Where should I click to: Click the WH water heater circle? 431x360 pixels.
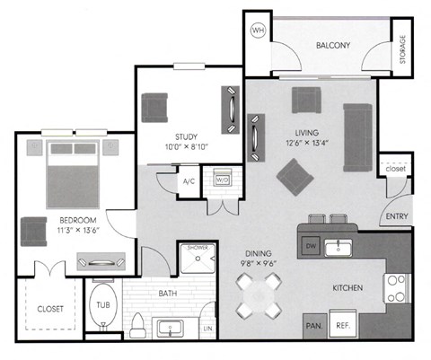click(x=259, y=31)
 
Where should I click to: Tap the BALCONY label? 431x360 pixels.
click(x=332, y=46)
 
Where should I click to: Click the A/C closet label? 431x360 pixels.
click(x=189, y=180)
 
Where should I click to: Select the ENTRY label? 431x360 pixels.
click(x=395, y=216)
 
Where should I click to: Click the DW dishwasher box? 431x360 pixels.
click(x=311, y=244)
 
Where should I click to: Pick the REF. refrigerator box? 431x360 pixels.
click(x=342, y=326)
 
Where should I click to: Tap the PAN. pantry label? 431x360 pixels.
click(x=314, y=326)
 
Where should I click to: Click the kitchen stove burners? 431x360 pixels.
click(x=395, y=288)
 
